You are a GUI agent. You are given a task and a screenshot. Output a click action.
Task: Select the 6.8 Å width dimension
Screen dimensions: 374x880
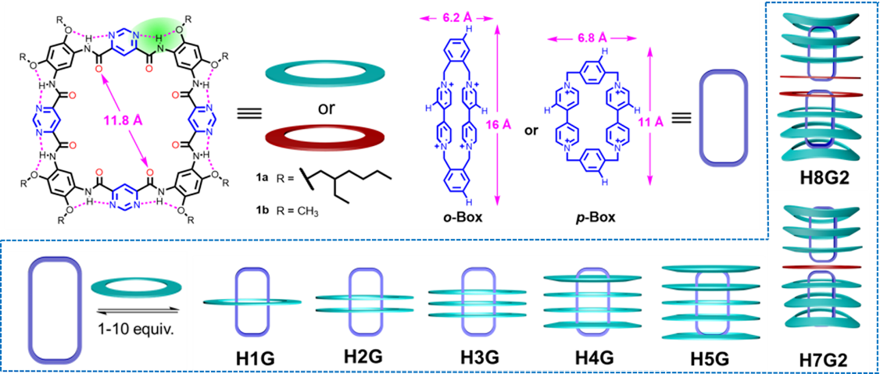583,37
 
